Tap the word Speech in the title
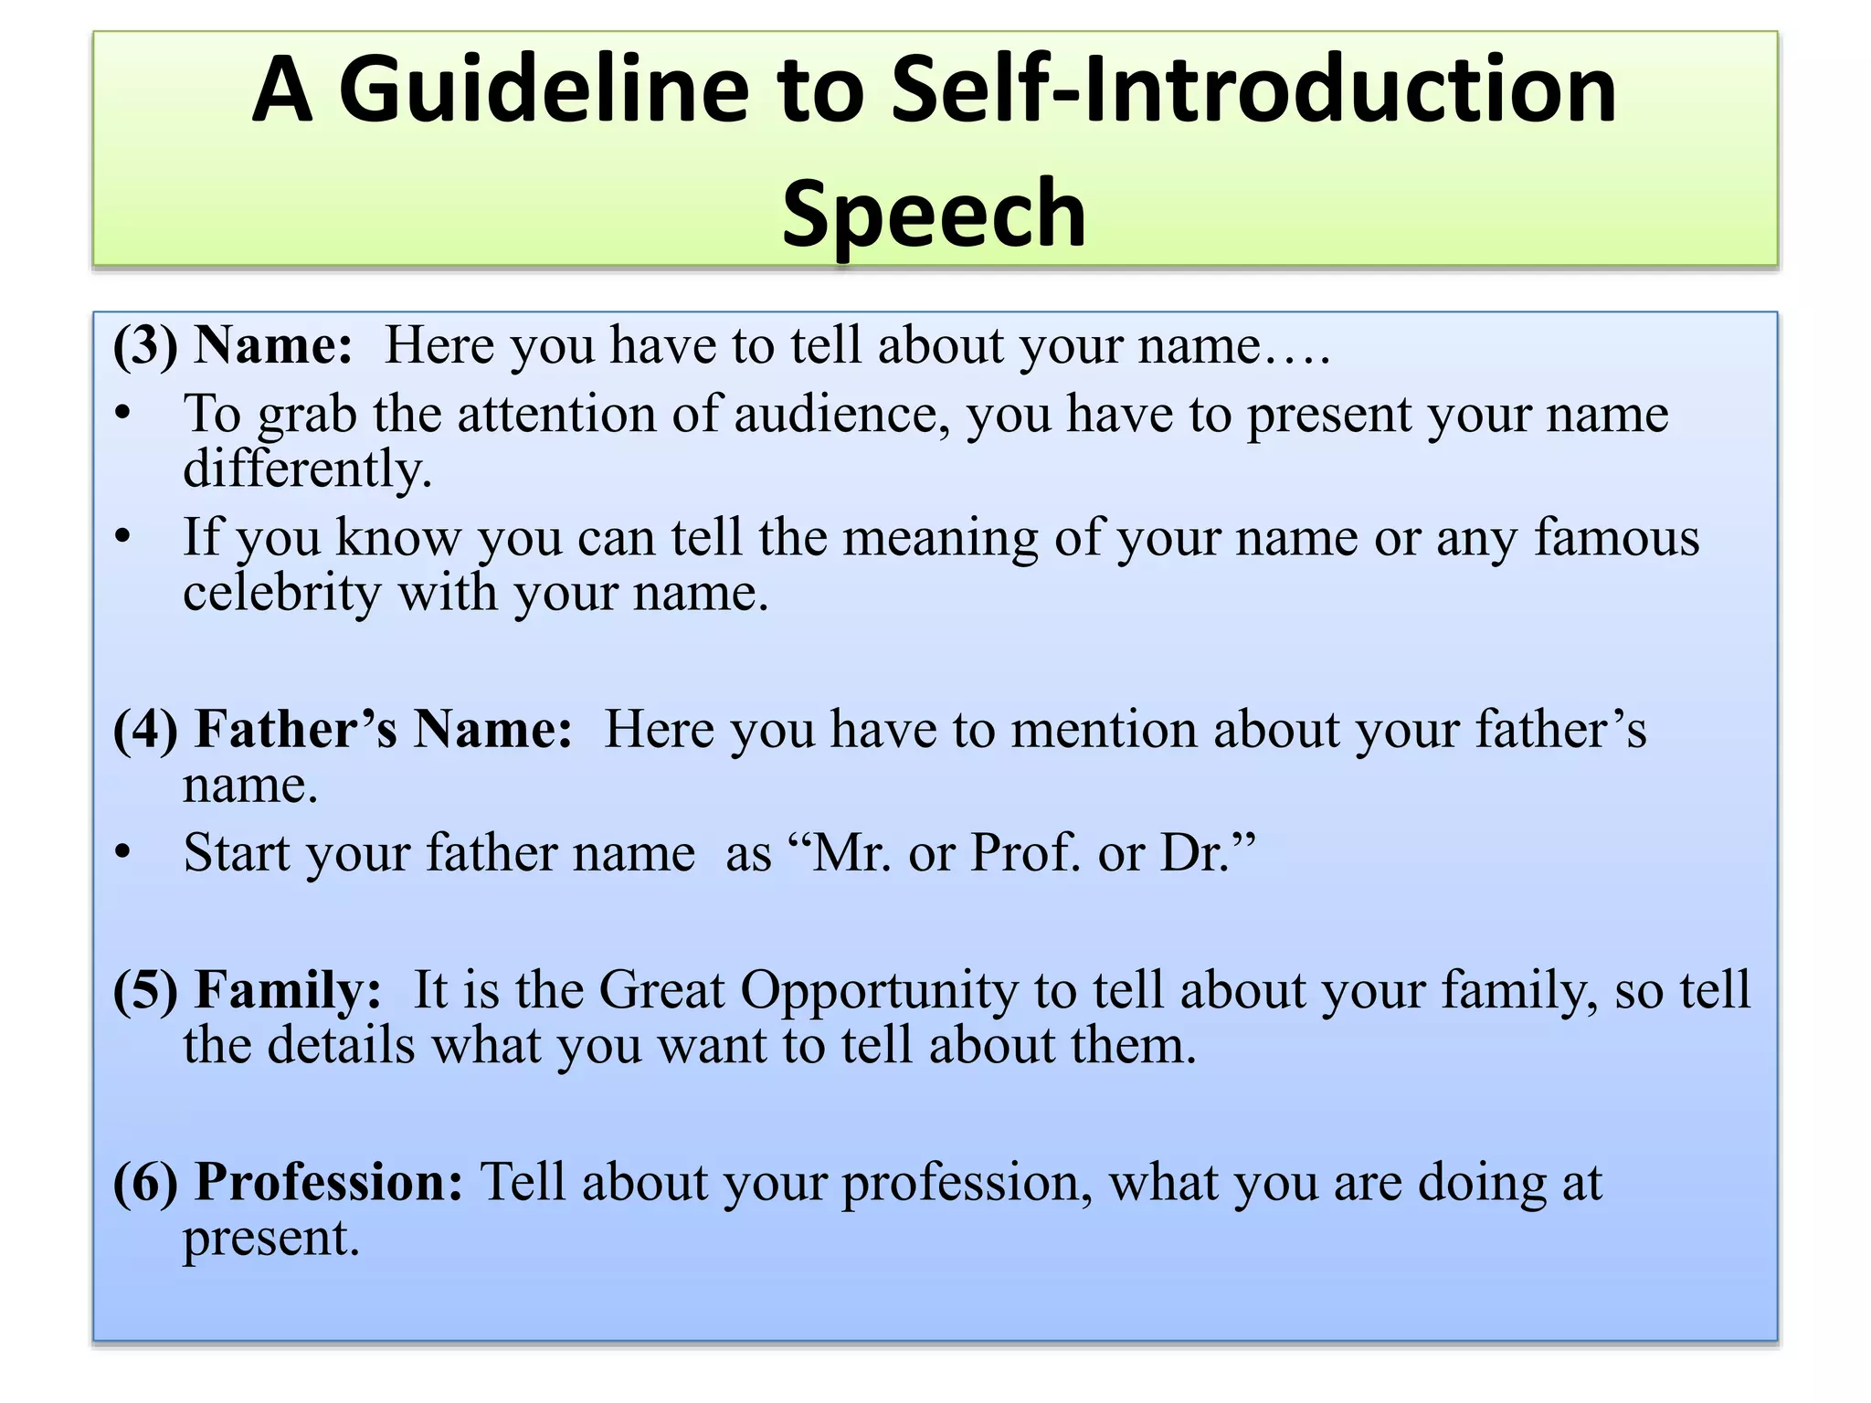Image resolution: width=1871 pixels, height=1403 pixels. (934, 213)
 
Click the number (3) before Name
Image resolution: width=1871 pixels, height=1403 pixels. (145, 346)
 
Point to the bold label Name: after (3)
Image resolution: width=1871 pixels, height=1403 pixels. (273, 346)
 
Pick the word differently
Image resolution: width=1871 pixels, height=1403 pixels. (307, 469)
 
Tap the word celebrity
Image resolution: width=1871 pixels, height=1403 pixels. (281, 593)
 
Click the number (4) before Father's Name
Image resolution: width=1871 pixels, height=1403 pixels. (145, 731)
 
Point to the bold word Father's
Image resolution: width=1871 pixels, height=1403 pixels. (297, 731)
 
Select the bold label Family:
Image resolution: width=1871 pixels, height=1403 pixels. (289, 990)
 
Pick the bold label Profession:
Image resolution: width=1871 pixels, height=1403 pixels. (330, 1182)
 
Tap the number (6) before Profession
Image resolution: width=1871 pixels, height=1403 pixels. (145, 1183)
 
